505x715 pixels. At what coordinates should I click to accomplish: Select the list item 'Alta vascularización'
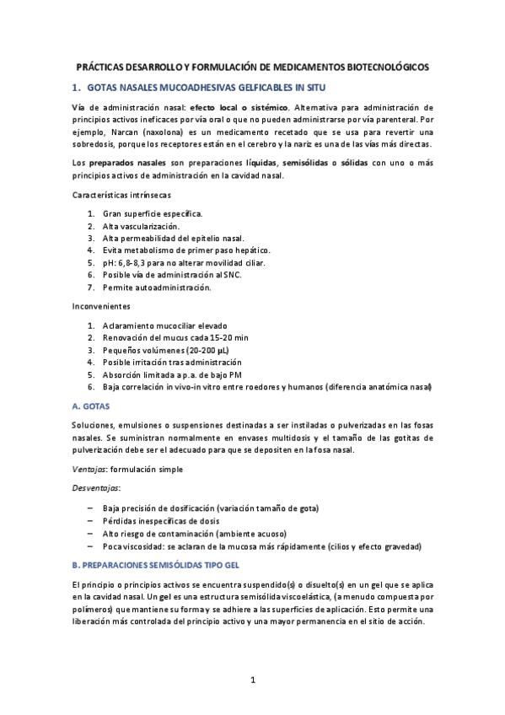[x=141, y=227]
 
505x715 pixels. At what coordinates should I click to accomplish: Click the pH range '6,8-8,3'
[x=132, y=263]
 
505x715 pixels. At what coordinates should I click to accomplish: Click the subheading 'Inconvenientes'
[x=100, y=307]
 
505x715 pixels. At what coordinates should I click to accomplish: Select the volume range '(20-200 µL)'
[x=201, y=350]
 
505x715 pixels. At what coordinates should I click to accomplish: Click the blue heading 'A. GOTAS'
[x=93, y=406]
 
